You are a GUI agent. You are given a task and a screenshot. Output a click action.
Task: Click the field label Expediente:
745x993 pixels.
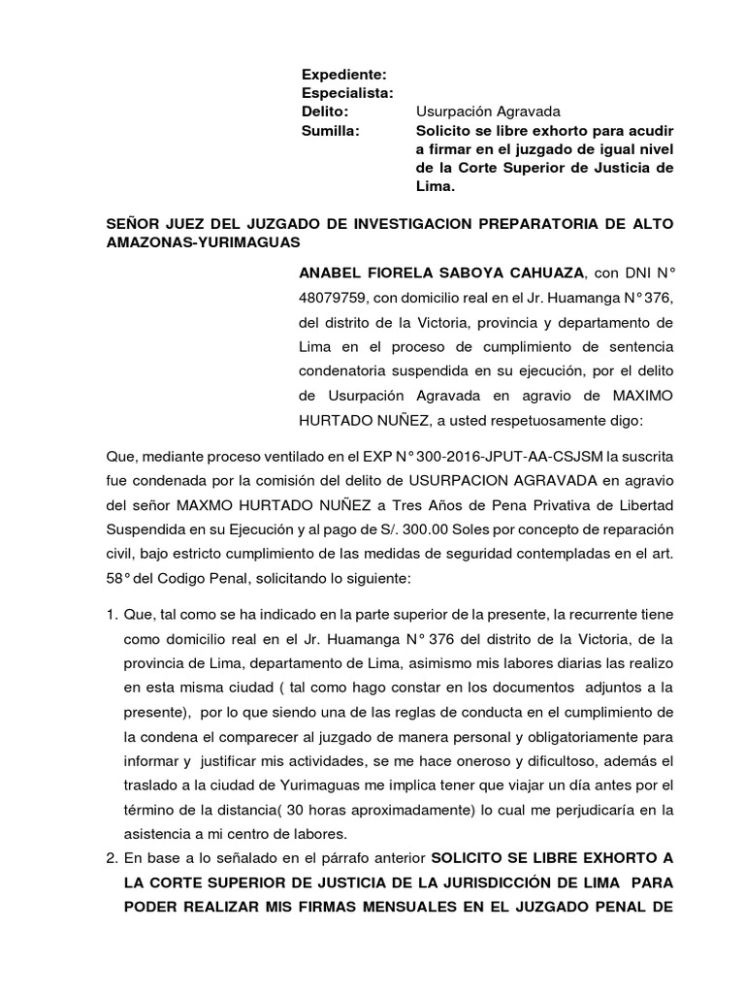coord(344,75)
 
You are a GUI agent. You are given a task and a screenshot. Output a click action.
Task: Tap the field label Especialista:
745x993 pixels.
coord(347,93)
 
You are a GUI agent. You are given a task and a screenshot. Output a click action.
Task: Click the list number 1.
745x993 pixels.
coord(112,615)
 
